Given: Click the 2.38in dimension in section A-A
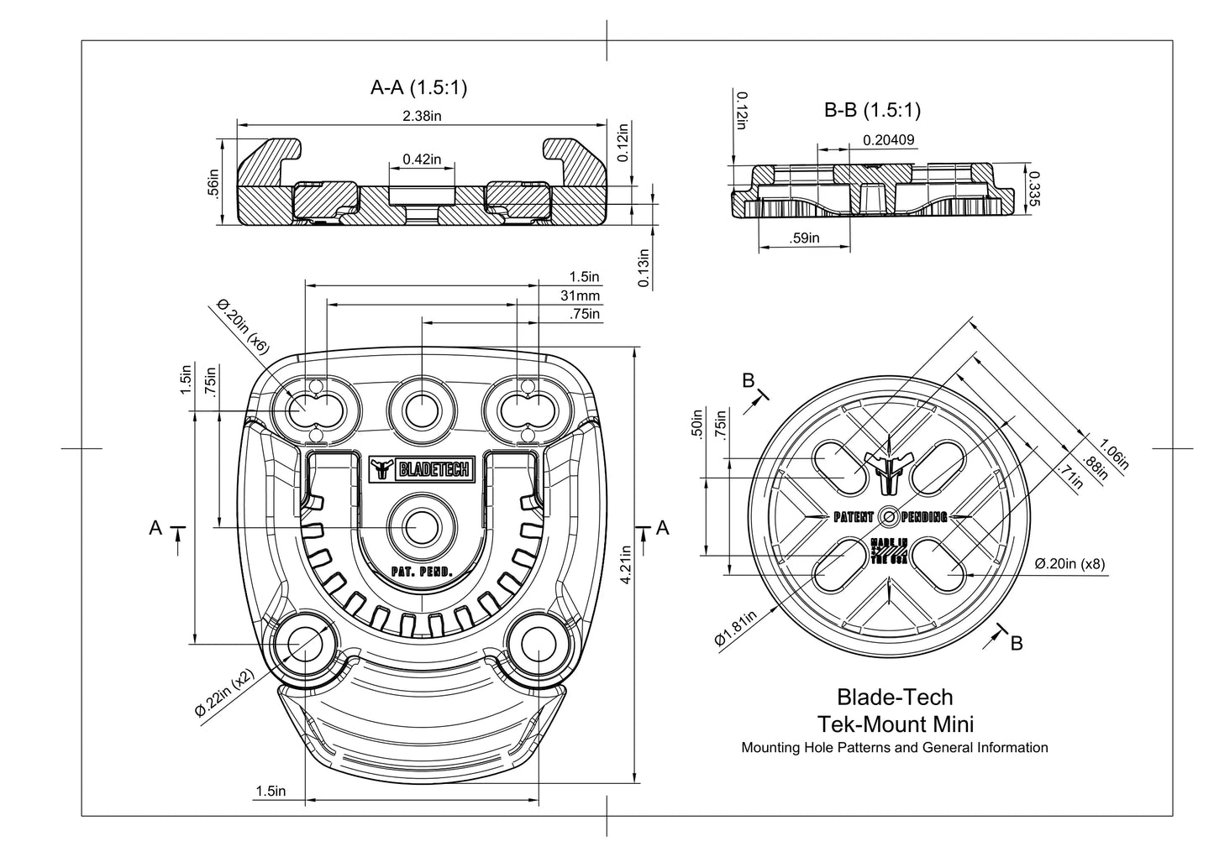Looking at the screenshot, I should [423, 116].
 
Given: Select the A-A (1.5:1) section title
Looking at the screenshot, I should [419, 86].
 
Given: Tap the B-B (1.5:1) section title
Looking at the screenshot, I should [873, 109].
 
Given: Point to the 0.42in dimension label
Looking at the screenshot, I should [423, 159].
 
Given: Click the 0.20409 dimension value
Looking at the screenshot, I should [889, 140].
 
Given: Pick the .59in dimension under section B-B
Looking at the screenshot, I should [804, 238].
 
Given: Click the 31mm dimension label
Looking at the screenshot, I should [581, 295].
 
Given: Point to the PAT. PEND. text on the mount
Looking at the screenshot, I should [422, 572].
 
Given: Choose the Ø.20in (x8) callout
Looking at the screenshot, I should [1069, 563].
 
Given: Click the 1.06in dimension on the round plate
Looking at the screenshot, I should [1114, 452].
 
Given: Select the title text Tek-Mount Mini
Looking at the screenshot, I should [895, 723].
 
